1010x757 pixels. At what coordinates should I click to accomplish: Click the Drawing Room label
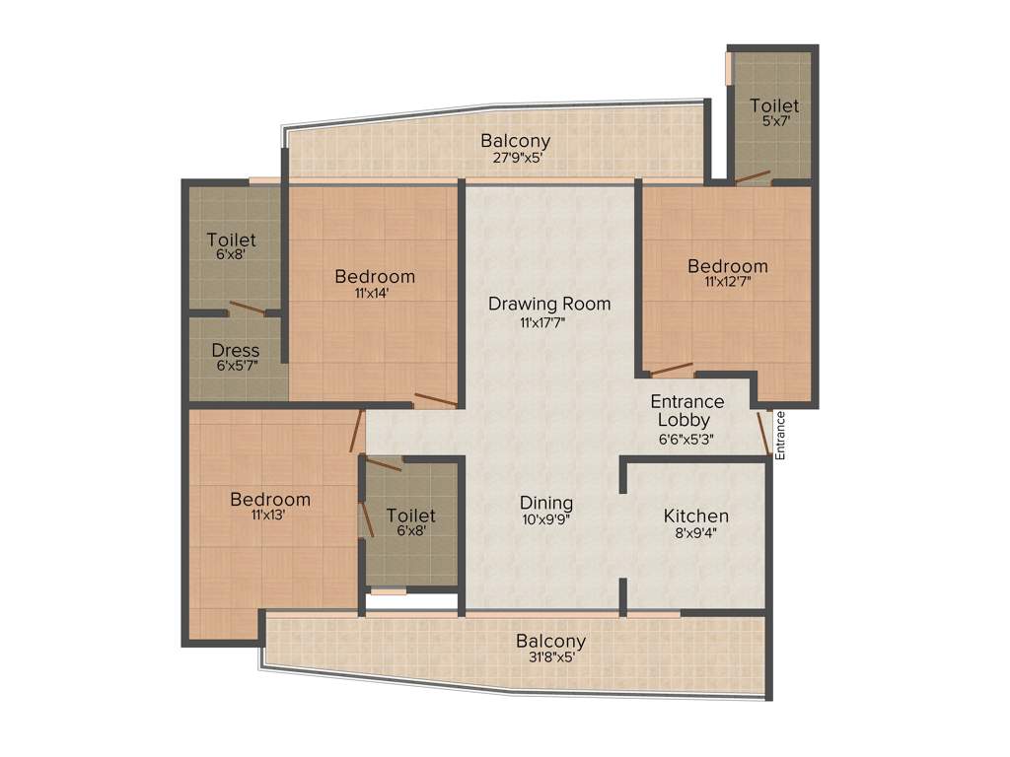(549, 304)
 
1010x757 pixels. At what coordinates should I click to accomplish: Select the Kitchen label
(695, 516)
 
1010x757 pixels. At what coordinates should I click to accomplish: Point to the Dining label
(546, 503)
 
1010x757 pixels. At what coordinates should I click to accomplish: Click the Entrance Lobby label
(686, 411)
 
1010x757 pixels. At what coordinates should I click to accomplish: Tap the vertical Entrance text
(779, 435)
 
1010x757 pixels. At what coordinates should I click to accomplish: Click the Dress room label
(236, 350)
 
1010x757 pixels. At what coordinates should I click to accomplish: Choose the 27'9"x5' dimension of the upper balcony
(515, 157)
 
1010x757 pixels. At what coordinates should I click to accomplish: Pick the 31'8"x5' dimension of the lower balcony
(549, 657)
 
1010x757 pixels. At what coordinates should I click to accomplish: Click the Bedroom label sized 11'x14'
(374, 276)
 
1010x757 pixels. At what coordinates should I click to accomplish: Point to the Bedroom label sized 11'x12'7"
(727, 266)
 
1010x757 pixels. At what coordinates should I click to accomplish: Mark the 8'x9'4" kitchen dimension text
(695, 533)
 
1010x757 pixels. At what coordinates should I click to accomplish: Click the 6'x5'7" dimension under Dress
(236, 366)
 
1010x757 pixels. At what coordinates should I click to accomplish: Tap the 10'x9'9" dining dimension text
(546, 519)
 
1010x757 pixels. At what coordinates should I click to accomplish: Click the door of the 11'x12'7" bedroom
(673, 370)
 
